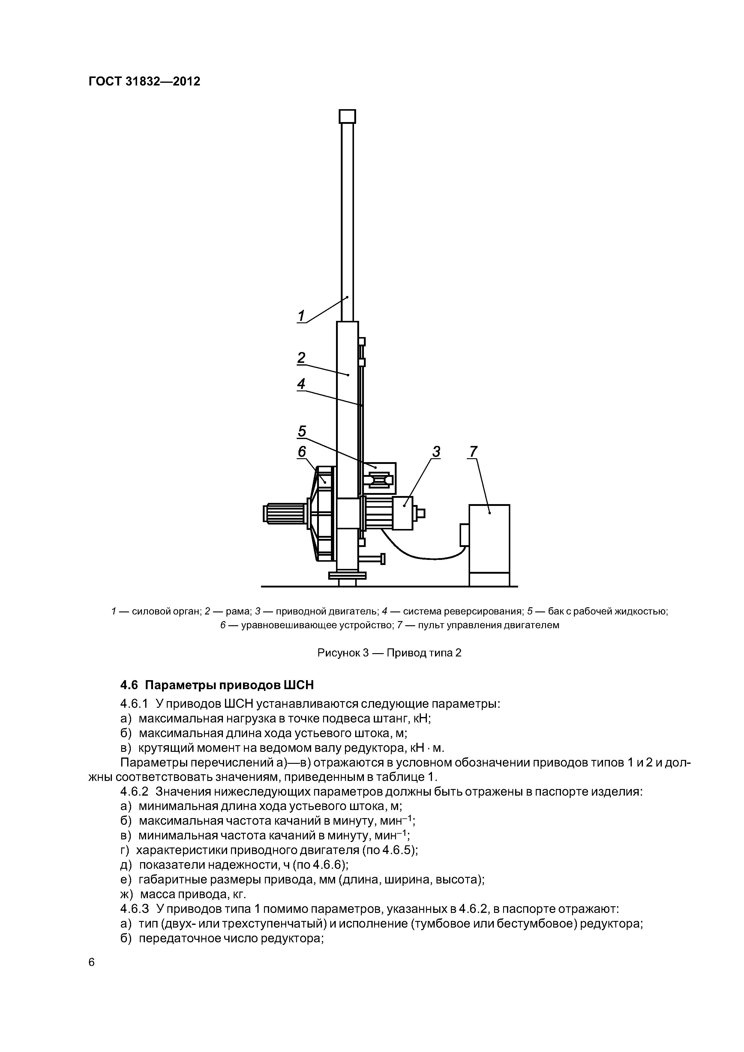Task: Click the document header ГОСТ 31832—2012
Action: click(x=144, y=82)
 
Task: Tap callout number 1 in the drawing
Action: click(x=301, y=316)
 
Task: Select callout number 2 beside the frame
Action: click(x=301, y=357)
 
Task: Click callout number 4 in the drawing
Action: click(x=301, y=384)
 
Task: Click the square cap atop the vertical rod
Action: click(x=347, y=116)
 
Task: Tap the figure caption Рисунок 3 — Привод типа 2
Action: click(x=389, y=653)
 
